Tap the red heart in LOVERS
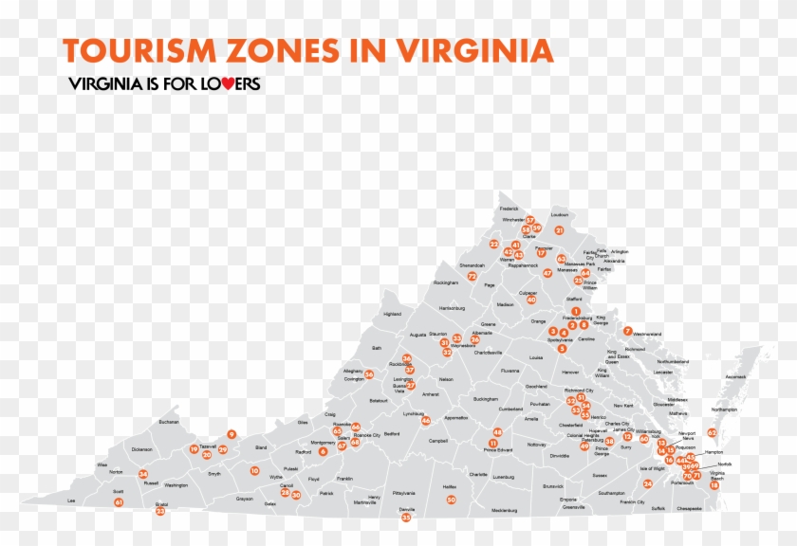pyautogui.click(x=215, y=83)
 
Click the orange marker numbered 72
pyautogui.click(x=472, y=276)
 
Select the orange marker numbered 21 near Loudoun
pyautogui.click(x=560, y=230)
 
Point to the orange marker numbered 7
pyautogui.click(x=628, y=331)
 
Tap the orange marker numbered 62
pyautogui.click(x=712, y=432)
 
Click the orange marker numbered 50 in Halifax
pyautogui.click(x=452, y=500)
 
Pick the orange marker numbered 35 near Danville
pyautogui.click(x=406, y=518)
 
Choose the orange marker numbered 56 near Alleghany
pyautogui.click(x=369, y=374)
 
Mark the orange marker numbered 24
pyautogui.click(x=648, y=483)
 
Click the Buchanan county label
pyautogui.click(x=169, y=422)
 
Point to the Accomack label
pyautogui.click(x=735, y=376)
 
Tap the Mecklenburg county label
pyautogui.click(x=505, y=510)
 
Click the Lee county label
pyautogui.click(x=70, y=500)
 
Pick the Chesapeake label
pyautogui.click(x=690, y=509)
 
